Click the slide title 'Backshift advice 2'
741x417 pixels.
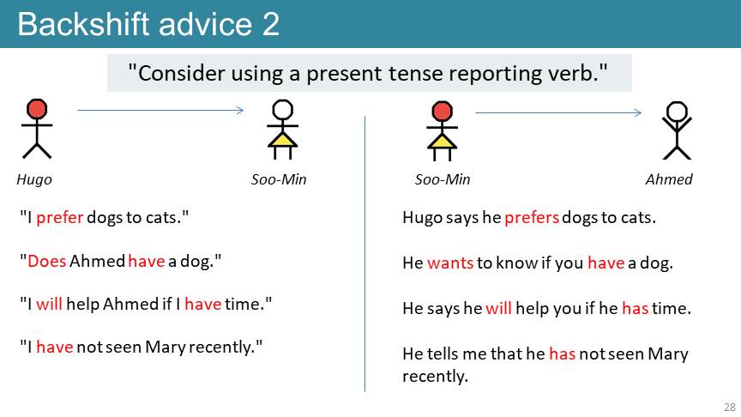coord(148,24)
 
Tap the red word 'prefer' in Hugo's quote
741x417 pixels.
coord(59,217)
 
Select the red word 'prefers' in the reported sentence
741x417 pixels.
coord(532,217)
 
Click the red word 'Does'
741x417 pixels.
coord(47,261)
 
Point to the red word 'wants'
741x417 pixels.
coord(450,263)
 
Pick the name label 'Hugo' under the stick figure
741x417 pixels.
coord(34,179)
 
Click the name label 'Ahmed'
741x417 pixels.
coord(669,179)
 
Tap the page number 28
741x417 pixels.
coord(730,407)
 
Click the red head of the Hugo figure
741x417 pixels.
coord(37,109)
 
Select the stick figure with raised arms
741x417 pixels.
coord(677,130)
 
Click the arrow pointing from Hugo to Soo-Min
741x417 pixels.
coord(160,110)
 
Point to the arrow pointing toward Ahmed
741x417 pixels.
coord(558,112)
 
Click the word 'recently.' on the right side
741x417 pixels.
coord(435,377)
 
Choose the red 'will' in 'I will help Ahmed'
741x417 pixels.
coord(49,304)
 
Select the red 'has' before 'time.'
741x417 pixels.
coord(636,308)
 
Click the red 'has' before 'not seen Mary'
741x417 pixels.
coord(563,354)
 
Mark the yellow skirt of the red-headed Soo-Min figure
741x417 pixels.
coord(442,142)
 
